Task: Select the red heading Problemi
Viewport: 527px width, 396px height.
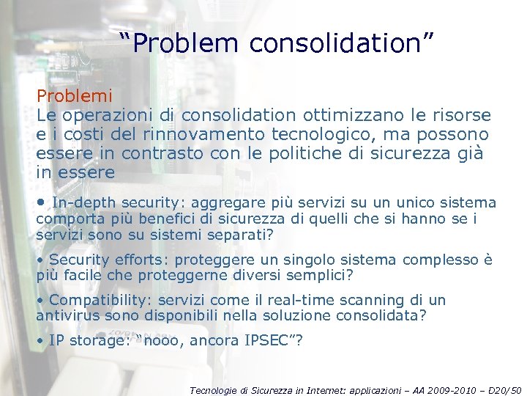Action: pyautogui.click(x=75, y=96)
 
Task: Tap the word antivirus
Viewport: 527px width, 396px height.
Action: pyautogui.click(x=67, y=316)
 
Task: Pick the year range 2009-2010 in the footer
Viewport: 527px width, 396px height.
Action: pyautogui.click(x=447, y=389)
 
